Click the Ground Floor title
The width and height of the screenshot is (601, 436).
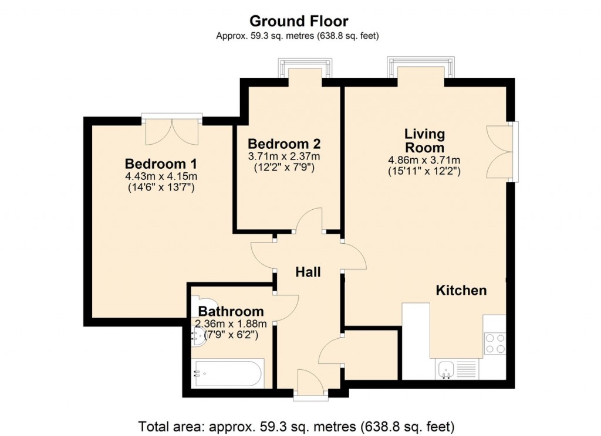pyautogui.click(x=299, y=21)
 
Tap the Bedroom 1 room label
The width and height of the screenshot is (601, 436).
pyautogui.click(x=160, y=163)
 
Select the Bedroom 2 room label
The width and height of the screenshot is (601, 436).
pyautogui.click(x=284, y=144)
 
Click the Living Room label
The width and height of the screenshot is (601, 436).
pyautogui.click(x=424, y=141)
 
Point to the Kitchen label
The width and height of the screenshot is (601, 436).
pyautogui.click(x=461, y=290)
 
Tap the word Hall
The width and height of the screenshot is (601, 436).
pyautogui.click(x=308, y=272)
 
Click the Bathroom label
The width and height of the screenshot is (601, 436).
pyautogui.click(x=231, y=311)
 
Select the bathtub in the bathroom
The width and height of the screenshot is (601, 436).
pyautogui.click(x=229, y=373)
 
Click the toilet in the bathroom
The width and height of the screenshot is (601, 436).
pyautogui.click(x=197, y=301)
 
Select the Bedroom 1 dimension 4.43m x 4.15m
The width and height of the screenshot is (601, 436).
pyautogui.click(x=160, y=176)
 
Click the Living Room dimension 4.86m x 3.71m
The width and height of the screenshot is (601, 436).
pyautogui.click(x=424, y=160)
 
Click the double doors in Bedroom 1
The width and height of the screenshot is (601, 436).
pyautogui.click(x=172, y=131)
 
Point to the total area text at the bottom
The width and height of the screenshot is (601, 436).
pyautogui.click(x=296, y=425)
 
